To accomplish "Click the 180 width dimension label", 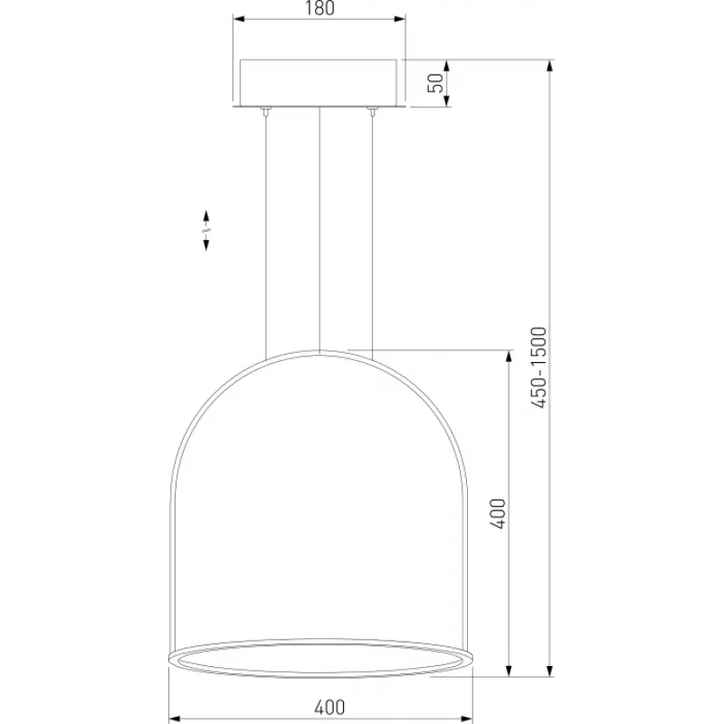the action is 320,8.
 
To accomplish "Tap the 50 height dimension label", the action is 437,82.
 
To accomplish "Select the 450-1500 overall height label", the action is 538,367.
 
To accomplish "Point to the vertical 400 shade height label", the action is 498,513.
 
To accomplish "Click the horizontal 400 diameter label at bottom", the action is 329,707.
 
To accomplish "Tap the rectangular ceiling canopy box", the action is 319,82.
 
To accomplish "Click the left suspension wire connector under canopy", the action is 265,110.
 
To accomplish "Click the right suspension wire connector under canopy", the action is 372,110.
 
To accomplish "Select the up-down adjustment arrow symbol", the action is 206,231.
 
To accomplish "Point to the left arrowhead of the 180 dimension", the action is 240,19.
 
